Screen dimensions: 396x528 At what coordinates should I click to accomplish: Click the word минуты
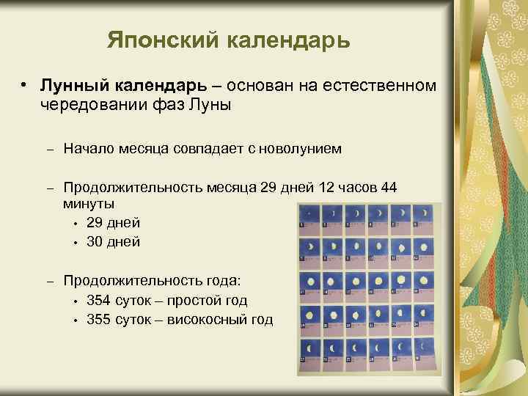88,202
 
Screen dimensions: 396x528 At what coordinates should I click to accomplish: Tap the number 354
99,300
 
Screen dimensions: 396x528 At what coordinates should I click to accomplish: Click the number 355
99,319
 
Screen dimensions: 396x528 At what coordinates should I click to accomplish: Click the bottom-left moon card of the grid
309,353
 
